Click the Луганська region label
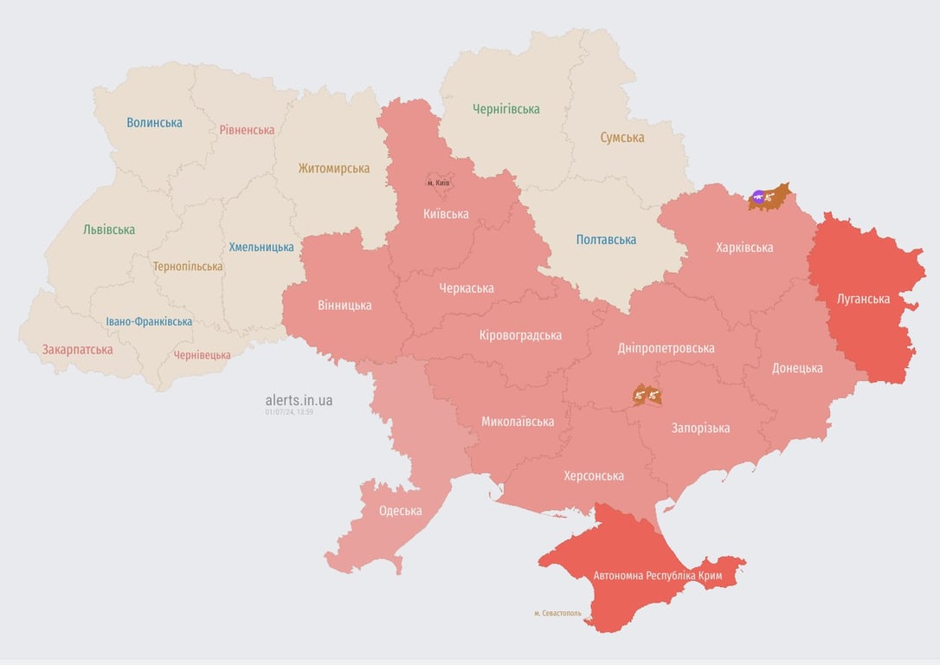pos(863,299)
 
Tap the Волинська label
pos(154,123)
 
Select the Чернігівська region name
pos(505,109)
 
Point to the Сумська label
pos(621,137)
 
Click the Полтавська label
pos(606,240)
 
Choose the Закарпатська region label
pos(77,350)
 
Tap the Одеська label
pos(400,511)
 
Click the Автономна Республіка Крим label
pos(669,576)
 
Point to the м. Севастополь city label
pos(557,613)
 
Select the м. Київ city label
pos(438,183)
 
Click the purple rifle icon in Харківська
pos(759,198)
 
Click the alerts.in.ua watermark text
pos(299,400)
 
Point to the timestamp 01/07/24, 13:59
pos(289,412)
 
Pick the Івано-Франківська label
pos(149,321)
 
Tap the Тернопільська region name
pos(187,267)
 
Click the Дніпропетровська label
pos(666,348)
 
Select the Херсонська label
pos(593,476)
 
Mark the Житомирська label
pos(333,169)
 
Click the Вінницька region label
pos(344,305)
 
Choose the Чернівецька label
pos(202,355)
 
